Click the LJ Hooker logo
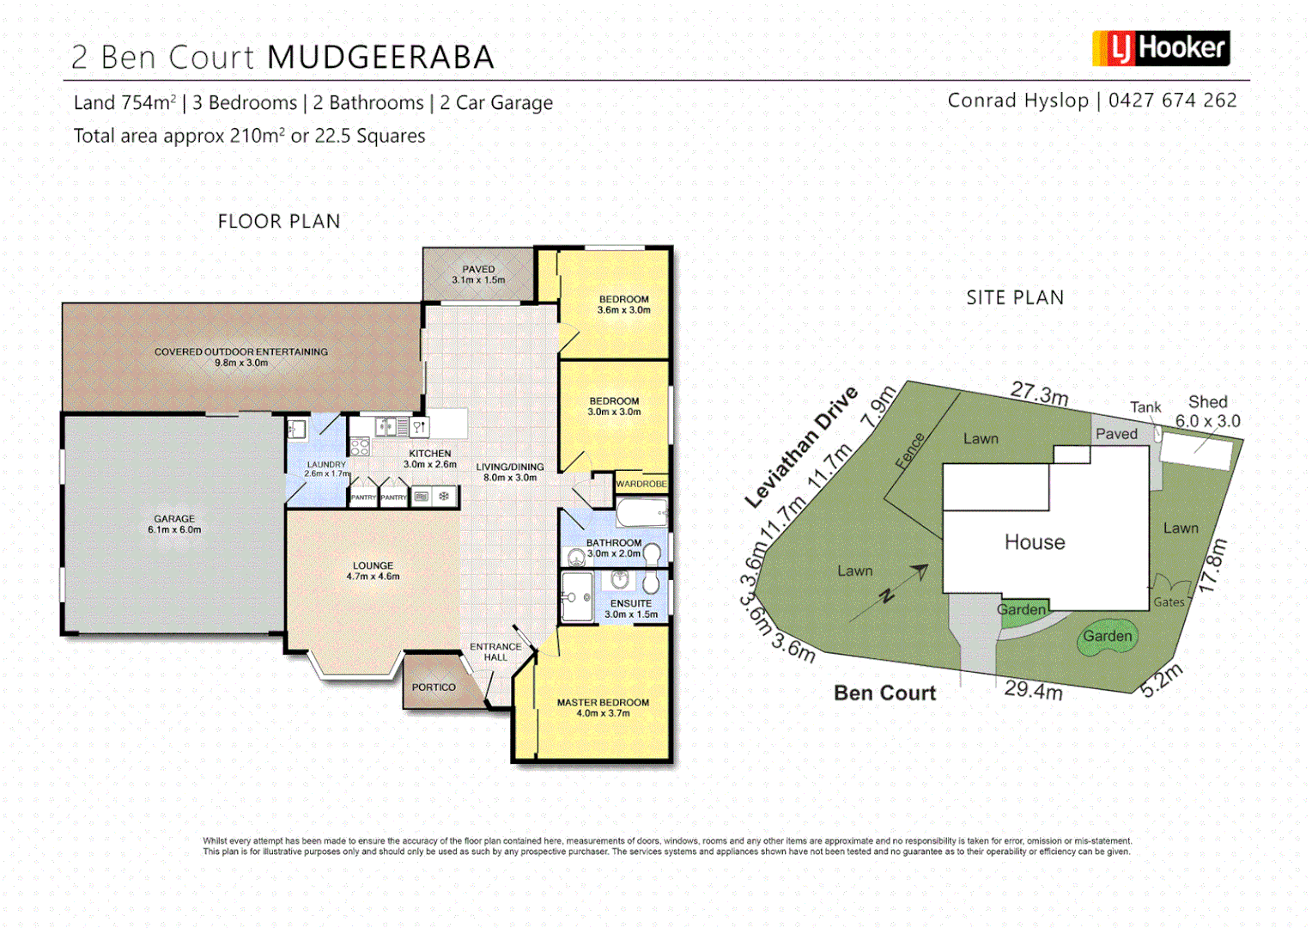1161,49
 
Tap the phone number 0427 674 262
1172,101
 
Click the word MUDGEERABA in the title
380,58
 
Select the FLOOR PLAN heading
279,222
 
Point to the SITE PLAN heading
1015,298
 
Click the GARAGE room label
174,519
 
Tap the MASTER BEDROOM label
603,703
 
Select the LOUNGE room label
373,566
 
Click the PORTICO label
434,687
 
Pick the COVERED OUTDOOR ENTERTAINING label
241,352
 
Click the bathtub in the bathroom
641,514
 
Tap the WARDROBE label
641,485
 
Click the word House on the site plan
1035,542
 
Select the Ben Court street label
884,693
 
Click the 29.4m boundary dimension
1034,690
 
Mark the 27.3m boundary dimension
1039,394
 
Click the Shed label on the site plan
1207,402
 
